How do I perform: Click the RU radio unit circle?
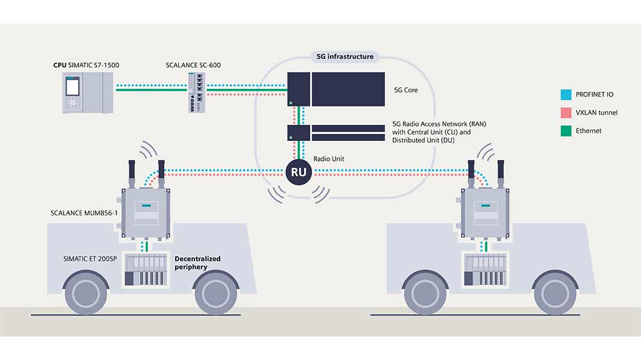click(x=298, y=173)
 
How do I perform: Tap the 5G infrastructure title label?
click(x=345, y=57)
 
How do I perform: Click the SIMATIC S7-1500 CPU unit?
click(x=88, y=92)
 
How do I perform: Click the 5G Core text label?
click(x=405, y=91)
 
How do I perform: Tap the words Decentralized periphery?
click(x=197, y=263)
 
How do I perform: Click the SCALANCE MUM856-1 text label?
click(x=83, y=213)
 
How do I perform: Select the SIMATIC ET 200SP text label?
click(x=91, y=259)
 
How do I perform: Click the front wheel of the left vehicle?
click(x=216, y=293)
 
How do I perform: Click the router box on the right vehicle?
click(x=484, y=213)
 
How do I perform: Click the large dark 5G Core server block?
click(x=347, y=89)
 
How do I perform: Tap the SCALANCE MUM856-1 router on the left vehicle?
click(x=145, y=213)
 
